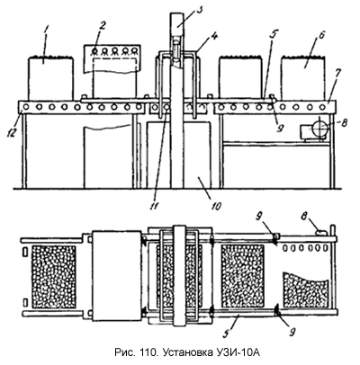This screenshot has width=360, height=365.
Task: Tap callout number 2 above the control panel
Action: click(103, 25)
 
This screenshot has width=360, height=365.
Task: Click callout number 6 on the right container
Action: click(320, 36)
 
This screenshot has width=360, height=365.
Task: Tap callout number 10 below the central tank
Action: click(217, 206)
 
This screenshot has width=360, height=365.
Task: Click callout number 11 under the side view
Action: click(157, 205)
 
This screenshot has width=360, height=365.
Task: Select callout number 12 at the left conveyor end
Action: click(12, 132)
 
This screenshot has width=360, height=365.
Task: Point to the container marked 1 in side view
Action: click(50, 78)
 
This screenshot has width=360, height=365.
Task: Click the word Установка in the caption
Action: click(187, 352)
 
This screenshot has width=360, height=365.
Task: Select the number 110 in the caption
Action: click(147, 352)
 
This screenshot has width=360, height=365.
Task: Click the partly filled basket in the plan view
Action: click(306, 289)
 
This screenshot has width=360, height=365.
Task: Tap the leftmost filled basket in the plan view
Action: click(54, 277)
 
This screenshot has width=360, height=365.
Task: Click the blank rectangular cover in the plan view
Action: click(117, 276)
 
